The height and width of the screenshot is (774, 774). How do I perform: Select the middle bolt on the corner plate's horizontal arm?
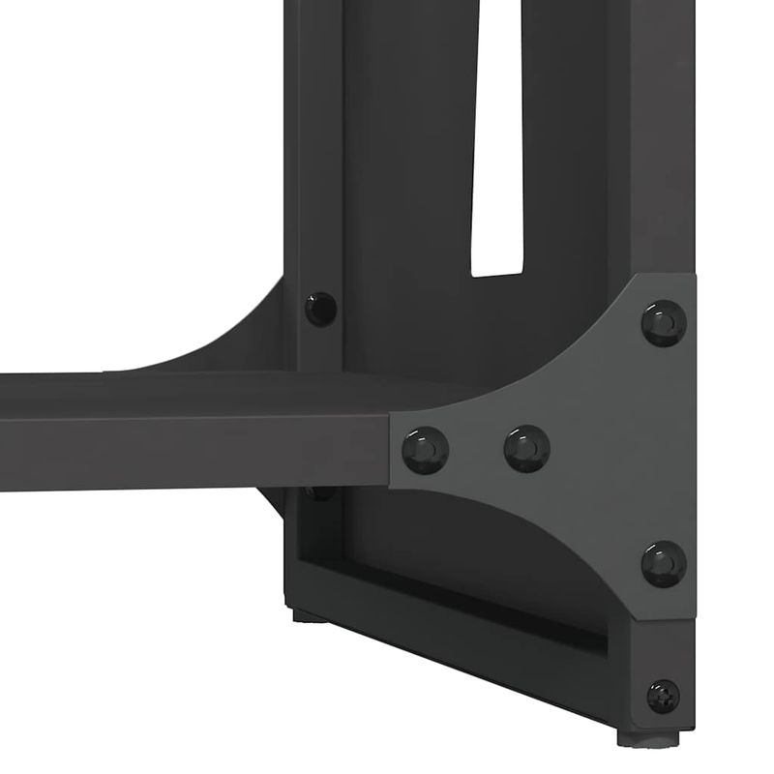tap(526, 447)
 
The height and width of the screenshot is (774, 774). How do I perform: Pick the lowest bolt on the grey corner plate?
tap(664, 562)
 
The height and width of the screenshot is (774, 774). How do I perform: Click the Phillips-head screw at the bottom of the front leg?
tap(663, 695)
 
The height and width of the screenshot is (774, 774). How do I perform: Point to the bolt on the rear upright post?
tap(320, 308)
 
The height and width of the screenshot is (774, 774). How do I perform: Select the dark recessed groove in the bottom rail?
tap(464, 605)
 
